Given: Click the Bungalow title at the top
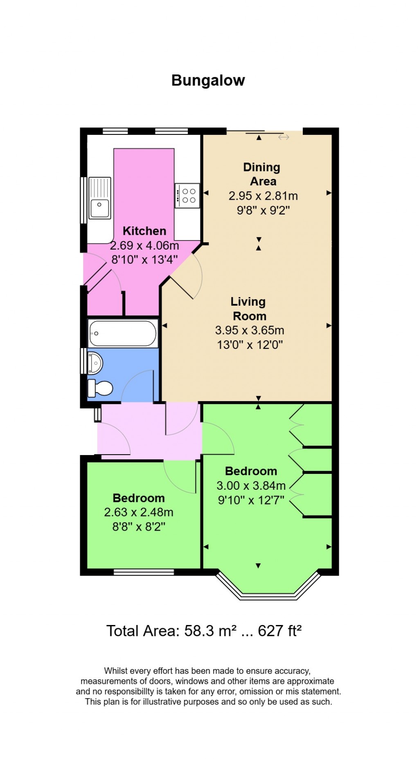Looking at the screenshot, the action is (x=208, y=80).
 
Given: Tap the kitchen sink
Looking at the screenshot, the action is (x=100, y=198).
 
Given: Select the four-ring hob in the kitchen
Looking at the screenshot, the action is (x=187, y=196).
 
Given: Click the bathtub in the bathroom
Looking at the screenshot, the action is (x=123, y=333).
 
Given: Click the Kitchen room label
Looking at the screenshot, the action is (x=144, y=231).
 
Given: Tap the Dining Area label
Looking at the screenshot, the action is (x=262, y=174).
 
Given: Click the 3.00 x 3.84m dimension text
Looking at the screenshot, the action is (x=251, y=486).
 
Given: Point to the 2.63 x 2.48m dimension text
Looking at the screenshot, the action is (x=139, y=512).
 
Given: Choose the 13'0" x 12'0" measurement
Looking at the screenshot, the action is (x=250, y=345).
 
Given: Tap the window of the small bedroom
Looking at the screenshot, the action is (x=144, y=572).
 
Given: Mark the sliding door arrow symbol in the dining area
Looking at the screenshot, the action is (x=284, y=137).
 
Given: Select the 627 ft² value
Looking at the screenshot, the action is (x=280, y=631).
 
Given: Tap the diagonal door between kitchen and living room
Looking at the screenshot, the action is (x=181, y=288).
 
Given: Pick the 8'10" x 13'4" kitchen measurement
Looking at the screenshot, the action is (x=144, y=260).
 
